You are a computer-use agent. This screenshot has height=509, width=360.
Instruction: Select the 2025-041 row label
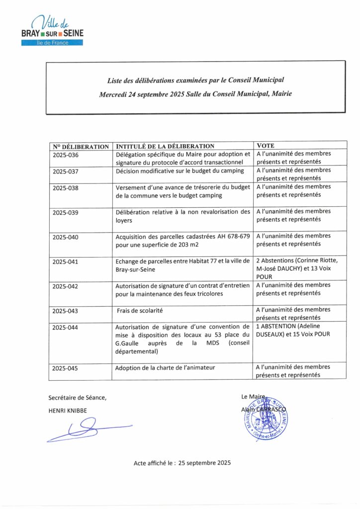66,261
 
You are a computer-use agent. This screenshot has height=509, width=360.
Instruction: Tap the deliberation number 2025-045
66,369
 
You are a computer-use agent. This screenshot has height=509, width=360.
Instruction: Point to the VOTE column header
266,146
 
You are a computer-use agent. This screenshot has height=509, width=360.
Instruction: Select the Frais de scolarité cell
140,311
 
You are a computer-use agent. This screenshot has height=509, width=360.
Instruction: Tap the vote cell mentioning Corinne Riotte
297,267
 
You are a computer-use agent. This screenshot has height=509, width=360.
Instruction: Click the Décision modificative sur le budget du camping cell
180,171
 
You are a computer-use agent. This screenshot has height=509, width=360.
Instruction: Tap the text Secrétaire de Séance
77,397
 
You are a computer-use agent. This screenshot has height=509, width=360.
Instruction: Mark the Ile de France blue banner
52,43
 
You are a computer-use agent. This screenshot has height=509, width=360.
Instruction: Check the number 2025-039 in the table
66,212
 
